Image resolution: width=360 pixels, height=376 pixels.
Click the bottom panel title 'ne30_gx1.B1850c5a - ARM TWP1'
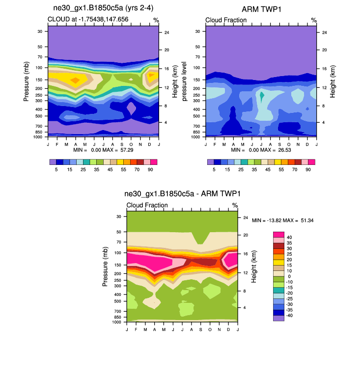click(182, 194)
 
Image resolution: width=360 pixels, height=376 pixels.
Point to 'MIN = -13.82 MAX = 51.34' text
click(282, 220)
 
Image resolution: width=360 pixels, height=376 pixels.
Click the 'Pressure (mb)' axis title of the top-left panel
click(26, 81)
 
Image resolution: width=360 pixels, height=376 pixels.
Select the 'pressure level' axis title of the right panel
click(185, 81)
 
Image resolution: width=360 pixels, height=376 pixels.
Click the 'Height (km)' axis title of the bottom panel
click(254, 267)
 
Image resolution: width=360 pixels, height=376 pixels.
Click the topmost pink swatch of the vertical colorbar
click(278, 235)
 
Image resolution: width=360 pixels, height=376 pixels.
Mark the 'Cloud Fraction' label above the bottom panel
click(147, 205)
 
